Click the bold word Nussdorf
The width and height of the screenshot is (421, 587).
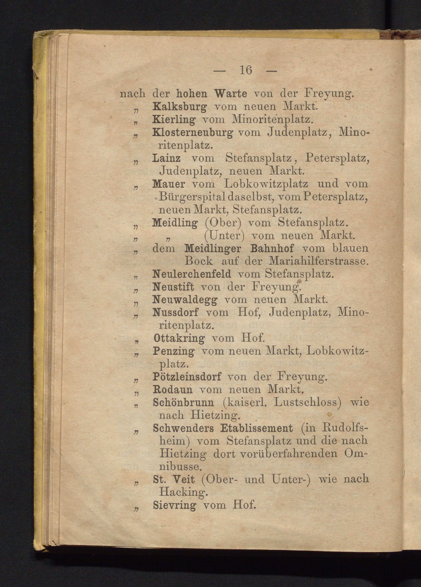point(176,313)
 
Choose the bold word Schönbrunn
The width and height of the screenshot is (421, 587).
point(183,403)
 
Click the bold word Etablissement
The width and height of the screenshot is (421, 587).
point(257,429)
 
